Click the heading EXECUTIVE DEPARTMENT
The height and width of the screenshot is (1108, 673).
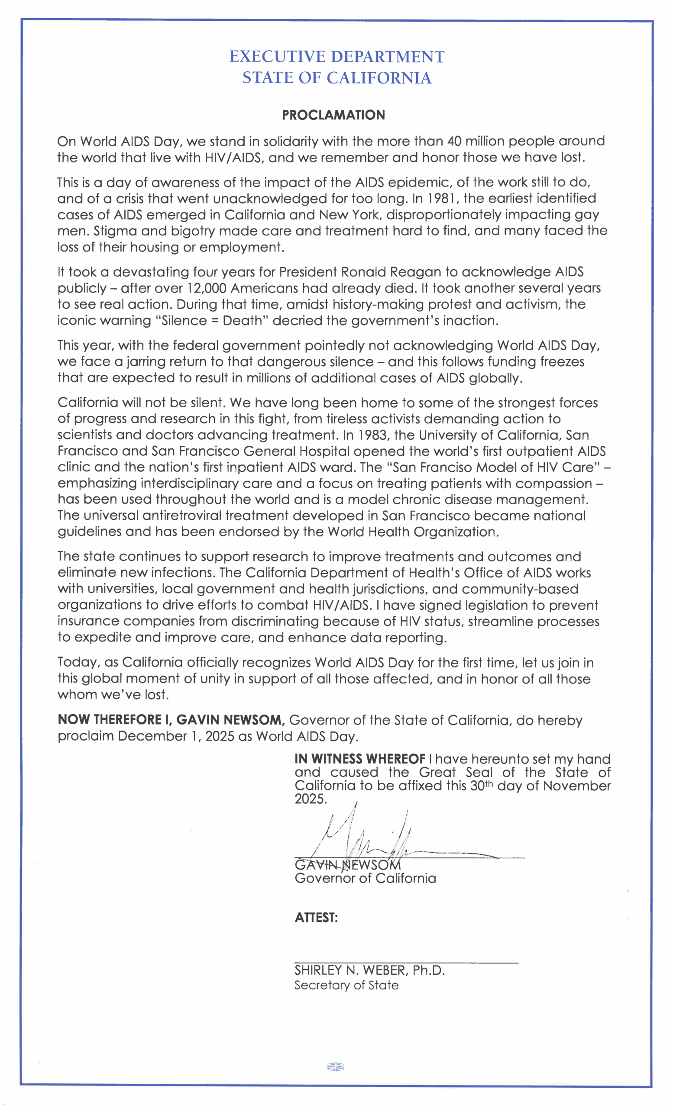336,57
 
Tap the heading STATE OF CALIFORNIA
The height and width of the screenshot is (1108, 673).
336,78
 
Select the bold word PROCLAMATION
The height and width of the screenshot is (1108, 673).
333,115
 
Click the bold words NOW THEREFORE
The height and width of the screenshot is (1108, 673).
109,720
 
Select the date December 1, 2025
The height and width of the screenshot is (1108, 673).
176,736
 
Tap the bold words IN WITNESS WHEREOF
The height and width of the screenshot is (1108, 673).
359,759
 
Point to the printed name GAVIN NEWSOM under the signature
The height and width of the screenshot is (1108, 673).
347,865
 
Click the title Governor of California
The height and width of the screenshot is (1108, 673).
365,878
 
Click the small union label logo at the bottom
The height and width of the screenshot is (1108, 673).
335,1066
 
